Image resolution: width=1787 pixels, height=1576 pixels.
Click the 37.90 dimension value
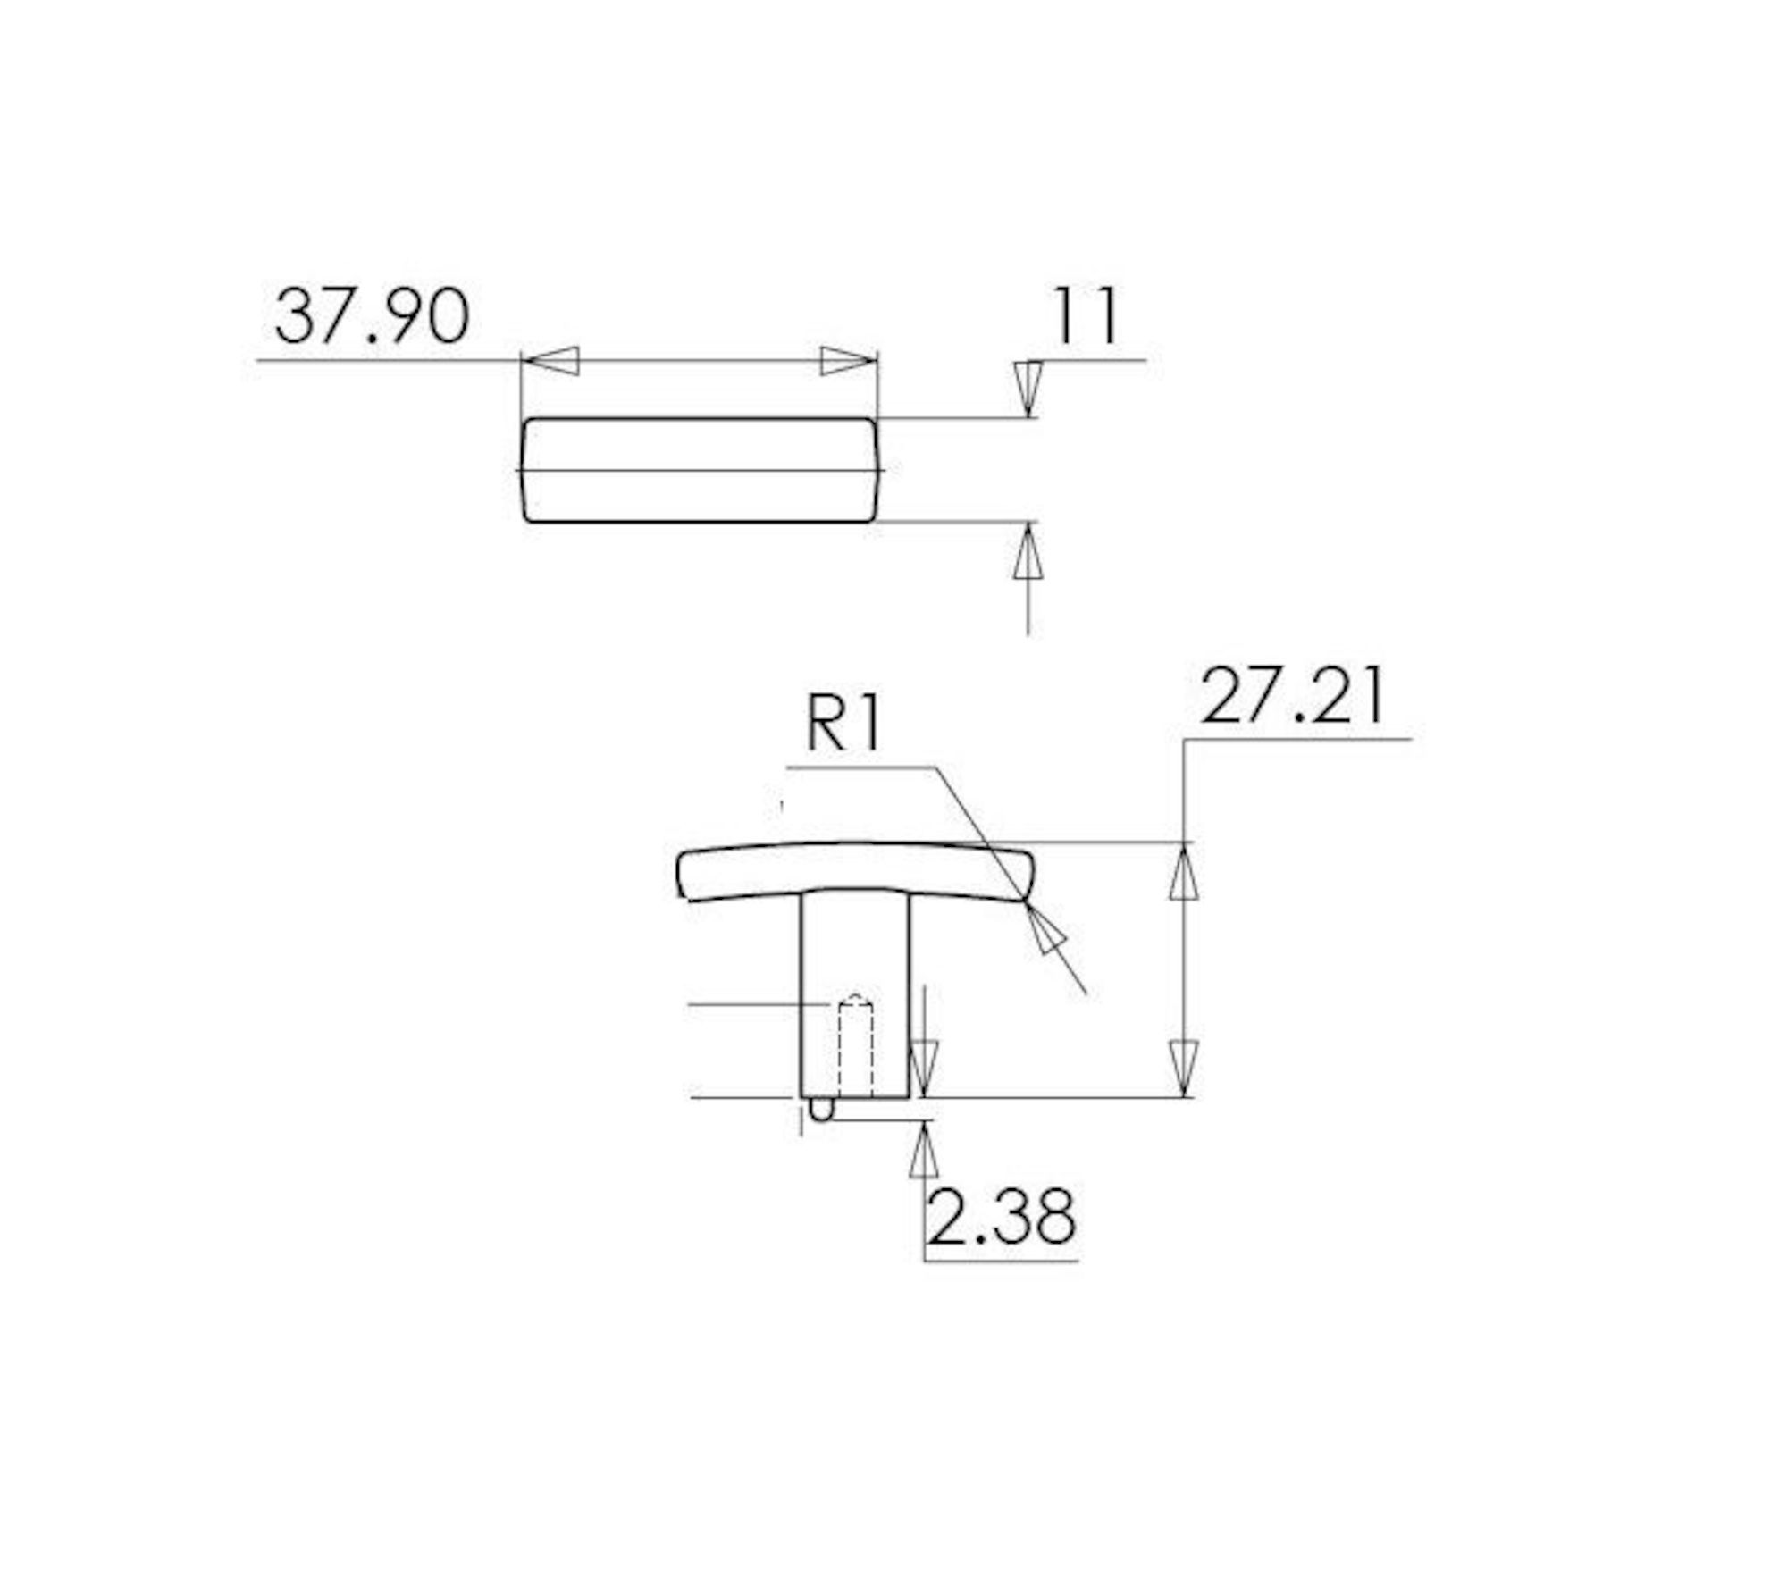tap(372, 316)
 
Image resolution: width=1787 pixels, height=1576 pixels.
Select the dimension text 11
tap(1086, 316)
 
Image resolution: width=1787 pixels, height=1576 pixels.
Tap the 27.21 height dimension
tap(1293, 697)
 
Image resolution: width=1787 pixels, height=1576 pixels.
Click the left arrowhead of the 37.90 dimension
tap(550, 361)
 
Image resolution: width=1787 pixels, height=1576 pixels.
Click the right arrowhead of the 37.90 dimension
tap(849, 361)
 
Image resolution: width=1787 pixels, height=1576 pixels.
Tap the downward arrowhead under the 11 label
tap(1028, 389)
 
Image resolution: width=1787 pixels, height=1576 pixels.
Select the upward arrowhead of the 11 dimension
tap(1028, 552)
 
